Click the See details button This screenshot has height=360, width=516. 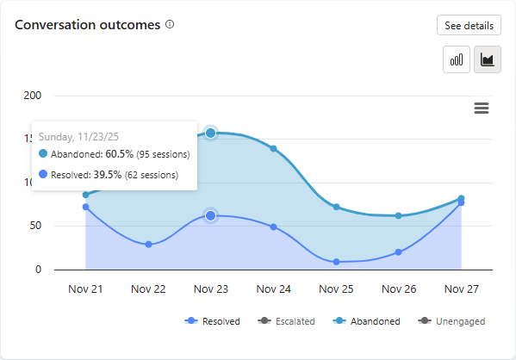click(x=469, y=26)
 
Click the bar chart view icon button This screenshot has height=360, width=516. click(x=457, y=59)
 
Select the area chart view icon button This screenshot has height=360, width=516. click(x=488, y=59)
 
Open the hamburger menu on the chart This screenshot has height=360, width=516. click(x=482, y=108)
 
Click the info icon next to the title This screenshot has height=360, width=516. click(x=170, y=24)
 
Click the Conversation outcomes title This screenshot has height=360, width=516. click(x=88, y=25)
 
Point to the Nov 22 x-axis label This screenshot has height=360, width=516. click(x=148, y=289)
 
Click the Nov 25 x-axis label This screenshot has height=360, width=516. click(x=336, y=289)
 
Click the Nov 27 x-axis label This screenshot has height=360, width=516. click(x=461, y=289)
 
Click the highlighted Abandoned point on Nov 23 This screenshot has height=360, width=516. click(x=211, y=133)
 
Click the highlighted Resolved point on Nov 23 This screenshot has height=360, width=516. click(x=211, y=215)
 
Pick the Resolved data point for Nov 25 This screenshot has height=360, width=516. click(x=336, y=262)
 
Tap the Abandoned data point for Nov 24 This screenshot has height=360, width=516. click(x=274, y=148)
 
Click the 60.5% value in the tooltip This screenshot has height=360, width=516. click(x=120, y=154)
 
